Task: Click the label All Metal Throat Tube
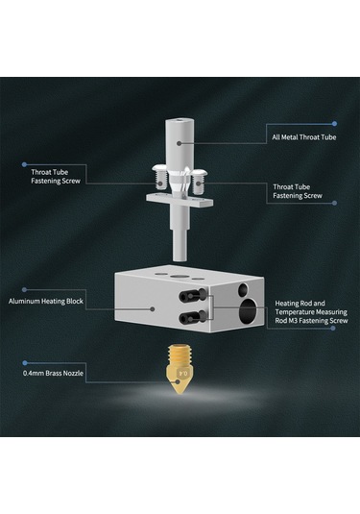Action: click(304, 137)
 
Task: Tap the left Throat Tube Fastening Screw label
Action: click(56, 177)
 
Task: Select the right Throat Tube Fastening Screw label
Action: click(298, 191)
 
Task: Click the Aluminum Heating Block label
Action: click(46, 302)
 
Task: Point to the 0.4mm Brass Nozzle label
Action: click(53, 373)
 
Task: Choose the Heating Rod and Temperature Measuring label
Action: click(311, 307)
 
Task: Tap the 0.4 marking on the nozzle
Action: click(183, 374)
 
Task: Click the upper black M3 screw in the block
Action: click(193, 295)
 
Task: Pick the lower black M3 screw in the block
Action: click(193, 317)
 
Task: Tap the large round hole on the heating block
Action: click(248, 311)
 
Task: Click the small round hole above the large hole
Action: click(244, 289)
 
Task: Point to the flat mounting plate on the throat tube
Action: click(180, 200)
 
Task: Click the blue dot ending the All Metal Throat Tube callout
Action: click(334, 124)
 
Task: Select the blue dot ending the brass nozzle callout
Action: click(25, 363)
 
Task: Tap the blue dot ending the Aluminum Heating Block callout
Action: click(24, 289)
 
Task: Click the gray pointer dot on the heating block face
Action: click(153, 308)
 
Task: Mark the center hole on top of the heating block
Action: click(178, 276)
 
